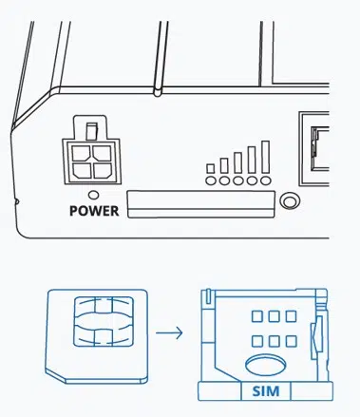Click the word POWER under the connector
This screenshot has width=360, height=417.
tap(94, 211)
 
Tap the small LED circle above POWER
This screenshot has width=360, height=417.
tap(93, 195)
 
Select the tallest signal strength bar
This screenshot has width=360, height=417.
tap(265, 157)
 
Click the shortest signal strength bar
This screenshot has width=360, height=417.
tap(210, 169)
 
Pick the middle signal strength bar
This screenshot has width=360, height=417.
tap(237, 162)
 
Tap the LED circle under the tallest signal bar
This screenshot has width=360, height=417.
tap(266, 180)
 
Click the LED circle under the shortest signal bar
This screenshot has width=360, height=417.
tap(210, 180)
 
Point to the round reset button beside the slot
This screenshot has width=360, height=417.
tap(290, 200)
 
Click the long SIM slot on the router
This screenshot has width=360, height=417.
tap(200, 204)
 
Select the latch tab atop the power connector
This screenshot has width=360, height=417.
tap(91, 131)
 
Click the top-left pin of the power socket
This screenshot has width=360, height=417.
tap(82, 153)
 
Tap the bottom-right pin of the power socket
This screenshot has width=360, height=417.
tap(103, 170)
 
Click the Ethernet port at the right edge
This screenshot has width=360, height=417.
tap(314, 149)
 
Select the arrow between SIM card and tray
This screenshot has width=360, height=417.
tap(169, 332)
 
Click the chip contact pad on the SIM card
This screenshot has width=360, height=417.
tap(104, 321)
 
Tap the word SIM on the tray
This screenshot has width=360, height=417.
tap(266, 391)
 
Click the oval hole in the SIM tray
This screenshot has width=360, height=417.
tap(265, 365)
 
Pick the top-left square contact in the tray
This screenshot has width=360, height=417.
tap(257, 316)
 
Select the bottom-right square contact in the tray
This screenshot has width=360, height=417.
tap(291, 341)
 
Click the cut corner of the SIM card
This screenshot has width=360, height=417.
tap(56, 376)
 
